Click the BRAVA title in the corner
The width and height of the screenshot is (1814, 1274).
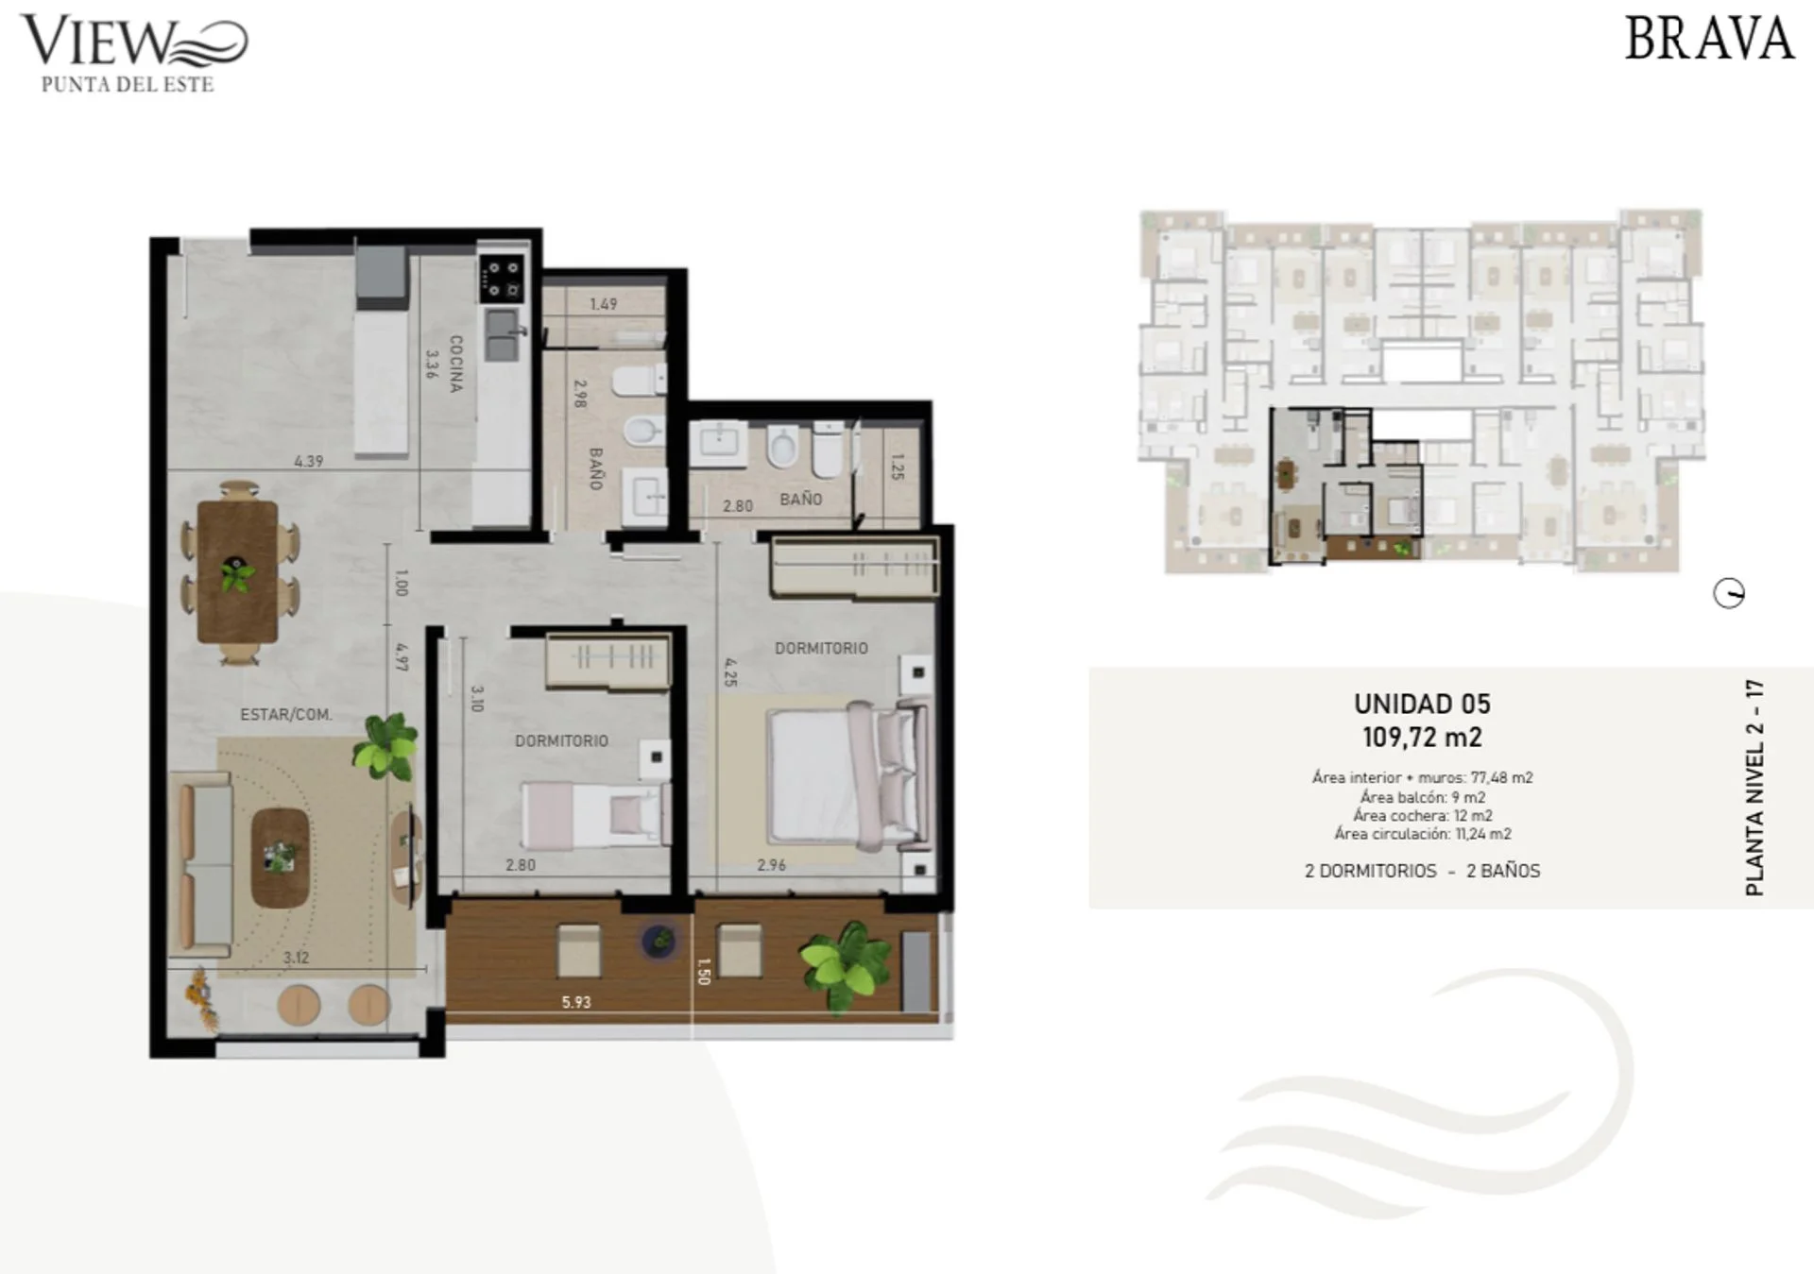pyautogui.click(x=1708, y=39)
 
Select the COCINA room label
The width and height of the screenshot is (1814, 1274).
pyautogui.click(x=455, y=364)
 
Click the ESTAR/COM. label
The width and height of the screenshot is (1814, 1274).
pyautogui.click(x=285, y=715)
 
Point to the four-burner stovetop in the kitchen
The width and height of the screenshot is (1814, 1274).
pyautogui.click(x=502, y=279)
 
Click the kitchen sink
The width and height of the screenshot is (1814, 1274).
pyautogui.click(x=503, y=335)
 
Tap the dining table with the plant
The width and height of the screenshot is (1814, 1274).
pyautogui.click(x=237, y=572)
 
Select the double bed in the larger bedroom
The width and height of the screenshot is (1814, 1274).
pyautogui.click(x=848, y=774)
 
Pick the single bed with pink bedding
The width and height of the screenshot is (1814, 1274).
pyautogui.click(x=595, y=813)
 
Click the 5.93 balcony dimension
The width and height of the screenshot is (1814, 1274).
pyautogui.click(x=576, y=1002)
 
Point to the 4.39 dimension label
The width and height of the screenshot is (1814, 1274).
pyautogui.click(x=308, y=461)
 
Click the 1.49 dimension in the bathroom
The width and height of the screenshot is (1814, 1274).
pyautogui.click(x=603, y=304)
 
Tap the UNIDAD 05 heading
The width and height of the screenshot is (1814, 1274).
pyautogui.click(x=1422, y=704)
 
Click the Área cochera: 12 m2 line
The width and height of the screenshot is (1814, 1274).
pyautogui.click(x=1422, y=815)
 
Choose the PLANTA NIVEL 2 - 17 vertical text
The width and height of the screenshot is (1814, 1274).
pyautogui.click(x=1754, y=788)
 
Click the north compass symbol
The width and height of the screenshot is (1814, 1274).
pyautogui.click(x=1729, y=594)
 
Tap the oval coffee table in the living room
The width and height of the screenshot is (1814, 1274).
pyautogui.click(x=280, y=857)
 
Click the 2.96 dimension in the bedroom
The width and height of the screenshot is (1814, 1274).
pyautogui.click(x=771, y=864)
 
